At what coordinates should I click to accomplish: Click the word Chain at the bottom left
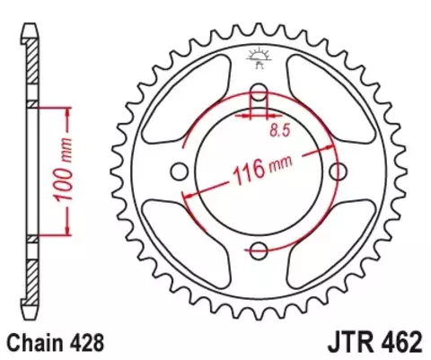click(x=34, y=342)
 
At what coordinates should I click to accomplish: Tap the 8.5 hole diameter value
click(x=280, y=131)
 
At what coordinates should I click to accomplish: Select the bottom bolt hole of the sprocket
click(x=259, y=250)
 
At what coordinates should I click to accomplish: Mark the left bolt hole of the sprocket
click(x=179, y=171)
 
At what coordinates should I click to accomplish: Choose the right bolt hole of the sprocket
click(x=338, y=171)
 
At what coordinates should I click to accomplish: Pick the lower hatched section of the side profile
click(x=31, y=269)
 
